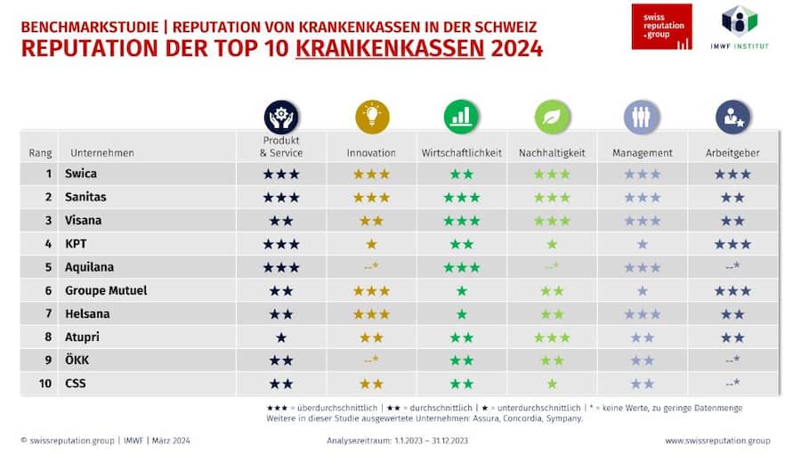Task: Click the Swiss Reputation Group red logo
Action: coord(661,27)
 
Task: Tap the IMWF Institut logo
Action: coord(740,25)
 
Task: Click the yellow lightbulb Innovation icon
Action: coord(372,117)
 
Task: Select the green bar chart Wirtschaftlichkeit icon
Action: coord(461,117)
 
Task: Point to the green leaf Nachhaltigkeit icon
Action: coord(552,117)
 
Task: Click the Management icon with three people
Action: coord(642,117)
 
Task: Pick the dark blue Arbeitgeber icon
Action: coord(732,117)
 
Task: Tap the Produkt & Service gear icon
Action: coord(281,117)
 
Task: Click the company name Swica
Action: coord(81,174)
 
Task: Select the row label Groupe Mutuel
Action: coord(106,290)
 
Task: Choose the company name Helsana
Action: coord(87,313)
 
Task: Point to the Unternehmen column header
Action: coord(101,153)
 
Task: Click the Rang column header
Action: coord(41,153)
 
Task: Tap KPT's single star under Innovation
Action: coord(371,244)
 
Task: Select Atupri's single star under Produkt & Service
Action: coord(281,337)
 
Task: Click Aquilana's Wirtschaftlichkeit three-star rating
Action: coord(461,267)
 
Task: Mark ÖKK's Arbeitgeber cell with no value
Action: coord(732,360)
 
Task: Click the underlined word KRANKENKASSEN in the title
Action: coord(390,49)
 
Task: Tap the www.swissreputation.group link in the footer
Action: coord(717,441)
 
